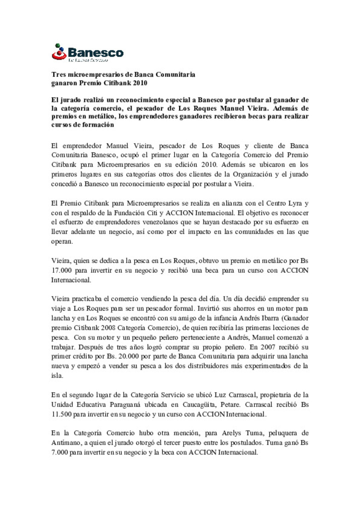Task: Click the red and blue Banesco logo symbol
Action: pos(59,52)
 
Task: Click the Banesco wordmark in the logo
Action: pos(96,53)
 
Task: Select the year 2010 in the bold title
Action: pos(140,83)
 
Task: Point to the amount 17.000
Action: pos(61,270)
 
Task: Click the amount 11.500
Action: pos(61,414)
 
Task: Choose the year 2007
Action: pos(268,347)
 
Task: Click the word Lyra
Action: pos(293,203)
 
